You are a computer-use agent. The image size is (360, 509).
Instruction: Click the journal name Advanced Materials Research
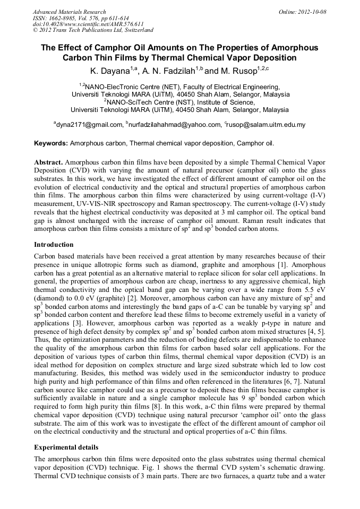[x=69, y=12]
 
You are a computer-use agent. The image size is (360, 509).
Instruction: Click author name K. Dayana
[x=109, y=70]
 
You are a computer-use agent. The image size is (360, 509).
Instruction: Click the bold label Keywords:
[x=51, y=143]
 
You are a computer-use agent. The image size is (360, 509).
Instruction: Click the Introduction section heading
[x=54, y=245]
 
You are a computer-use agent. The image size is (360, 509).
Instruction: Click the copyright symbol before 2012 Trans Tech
[x=35, y=30]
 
